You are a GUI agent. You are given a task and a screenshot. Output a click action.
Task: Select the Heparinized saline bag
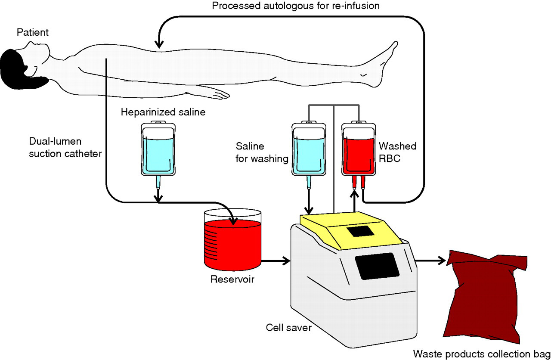pyautogui.click(x=158, y=149)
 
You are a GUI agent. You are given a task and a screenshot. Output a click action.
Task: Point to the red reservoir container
pyautogui.click(x=232, y=243)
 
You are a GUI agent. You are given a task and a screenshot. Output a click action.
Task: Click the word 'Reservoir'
pyautogui.click(x=232, y=280)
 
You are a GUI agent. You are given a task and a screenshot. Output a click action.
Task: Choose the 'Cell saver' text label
pyautogui.click(x=289, y=328)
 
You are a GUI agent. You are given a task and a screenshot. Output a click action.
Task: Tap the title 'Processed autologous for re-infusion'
pyautogui.click(x=296, y=6)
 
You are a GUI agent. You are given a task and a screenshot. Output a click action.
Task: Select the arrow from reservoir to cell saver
pyautogui.click(x=276, y=261)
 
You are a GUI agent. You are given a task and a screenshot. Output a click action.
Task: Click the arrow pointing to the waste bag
pyautogui.click(x=430, y=261)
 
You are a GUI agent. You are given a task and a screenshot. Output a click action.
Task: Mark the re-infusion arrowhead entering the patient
pyautogui.click(x=160, y=43)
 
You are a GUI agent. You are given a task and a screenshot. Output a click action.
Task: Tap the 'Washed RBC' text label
pyautogui.click(x=401, y=152)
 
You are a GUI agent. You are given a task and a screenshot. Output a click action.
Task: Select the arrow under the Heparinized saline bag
pyautogui.click(x=158, y=196)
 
